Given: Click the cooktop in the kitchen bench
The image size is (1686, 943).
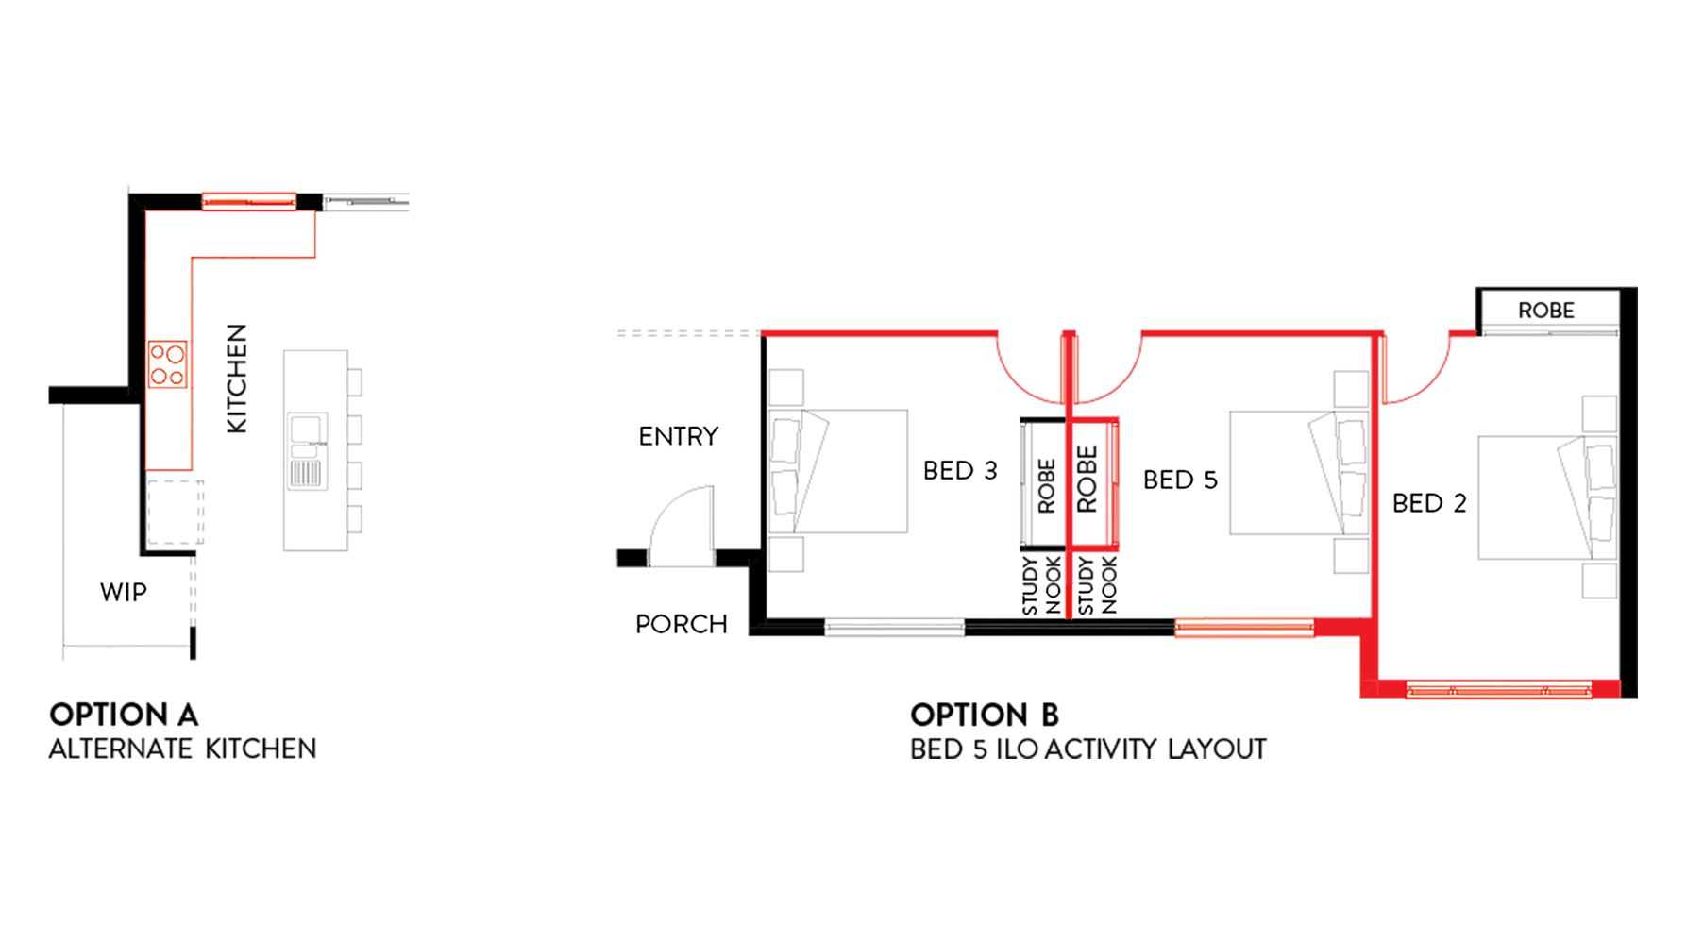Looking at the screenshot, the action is click(x=168, y=364).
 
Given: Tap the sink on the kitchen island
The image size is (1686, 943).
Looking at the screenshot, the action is click(x=307, y=451).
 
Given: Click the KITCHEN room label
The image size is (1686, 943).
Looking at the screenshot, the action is click(x=237, y=379).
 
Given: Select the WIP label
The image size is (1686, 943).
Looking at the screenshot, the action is click(x=124, y=592).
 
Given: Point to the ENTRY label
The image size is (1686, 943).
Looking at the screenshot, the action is click(x=679, y=436).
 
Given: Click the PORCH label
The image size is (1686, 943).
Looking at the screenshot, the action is click(x=682, y=624).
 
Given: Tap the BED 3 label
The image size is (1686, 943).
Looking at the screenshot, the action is click(x=960, y=470).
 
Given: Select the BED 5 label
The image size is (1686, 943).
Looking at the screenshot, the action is click(x=1180, y=480).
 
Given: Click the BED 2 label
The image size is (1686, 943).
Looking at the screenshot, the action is click(x=1429, y=503).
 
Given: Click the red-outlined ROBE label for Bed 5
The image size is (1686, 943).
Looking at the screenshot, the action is click(x=1087, y=480).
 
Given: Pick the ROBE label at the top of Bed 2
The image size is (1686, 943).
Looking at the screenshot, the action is click(x=1546, y=311).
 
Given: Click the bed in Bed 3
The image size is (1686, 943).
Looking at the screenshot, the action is click(x=839, y=471).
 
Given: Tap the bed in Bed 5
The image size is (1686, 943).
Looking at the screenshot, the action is click(x=1299, y=472).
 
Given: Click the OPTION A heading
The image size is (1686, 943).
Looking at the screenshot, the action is click(x=124, y=715).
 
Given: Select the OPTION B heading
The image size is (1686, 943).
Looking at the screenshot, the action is click(x=985, y=715).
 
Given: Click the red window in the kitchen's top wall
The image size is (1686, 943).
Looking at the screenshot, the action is click(x=249, y=200).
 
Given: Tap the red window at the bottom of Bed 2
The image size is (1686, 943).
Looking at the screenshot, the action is click(x=1499, y=690).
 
